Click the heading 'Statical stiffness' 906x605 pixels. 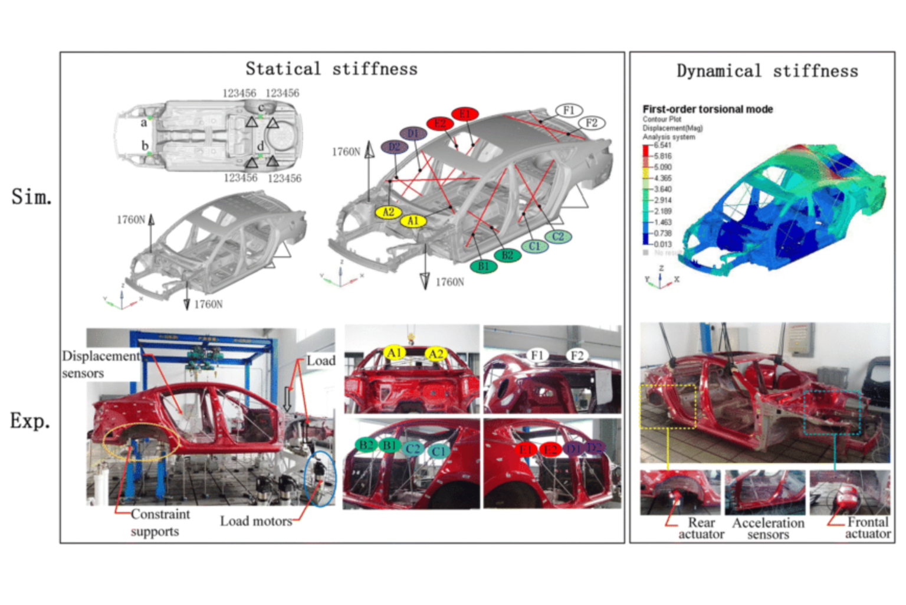[x=331, y=69]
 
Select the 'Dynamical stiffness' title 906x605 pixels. [x=767, y=71]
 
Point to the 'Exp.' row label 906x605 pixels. [x=30, y=421]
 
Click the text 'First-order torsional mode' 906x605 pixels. [x=707, y=109]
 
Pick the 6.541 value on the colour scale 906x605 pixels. [x=662, y=145]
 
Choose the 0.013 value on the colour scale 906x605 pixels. [x=662, y=244]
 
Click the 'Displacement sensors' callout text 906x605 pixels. [x=100, y=364]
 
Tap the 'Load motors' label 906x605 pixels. [x=256, y=521]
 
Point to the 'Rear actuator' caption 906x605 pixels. [x=701, y=528]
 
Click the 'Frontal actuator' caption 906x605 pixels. [x=868, y=528]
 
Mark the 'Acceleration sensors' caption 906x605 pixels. [x=768, y=528]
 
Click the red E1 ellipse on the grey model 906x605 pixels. [x=465, y=113]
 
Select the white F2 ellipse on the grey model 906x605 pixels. [x=592, y=123]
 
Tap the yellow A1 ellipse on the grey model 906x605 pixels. [x=413, y=221]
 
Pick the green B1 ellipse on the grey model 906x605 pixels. [x=484, y=266]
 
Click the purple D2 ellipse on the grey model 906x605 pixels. [x=394, y=146]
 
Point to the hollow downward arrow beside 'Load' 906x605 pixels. [x=288, y=400]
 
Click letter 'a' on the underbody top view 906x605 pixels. [x=143, y=123]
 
